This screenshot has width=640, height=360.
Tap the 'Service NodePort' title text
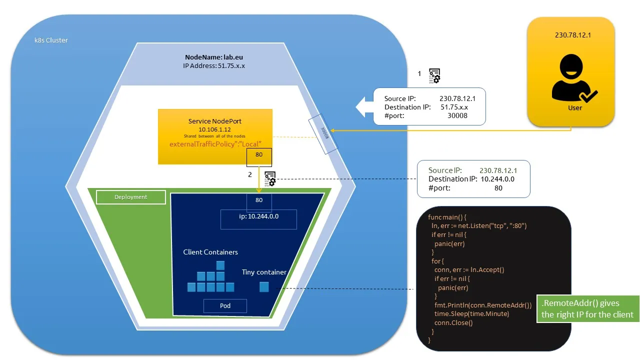(215, 121)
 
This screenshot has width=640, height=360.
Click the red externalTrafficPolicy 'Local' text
(215, 144)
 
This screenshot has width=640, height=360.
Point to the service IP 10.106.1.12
(215, 129)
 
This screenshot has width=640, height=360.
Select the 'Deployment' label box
(130, 197)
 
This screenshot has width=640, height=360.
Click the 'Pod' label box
(225, 305)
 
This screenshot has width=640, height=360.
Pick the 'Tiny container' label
(264, 272)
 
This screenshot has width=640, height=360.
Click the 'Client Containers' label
(210, 252)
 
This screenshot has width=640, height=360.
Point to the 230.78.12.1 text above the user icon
(570, 36)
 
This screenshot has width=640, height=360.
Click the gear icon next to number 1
(434, 75)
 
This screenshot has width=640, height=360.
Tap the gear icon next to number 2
(270, 178)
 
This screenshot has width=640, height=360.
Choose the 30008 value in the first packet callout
(457, 115)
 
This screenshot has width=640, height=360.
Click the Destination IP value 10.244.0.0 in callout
(497, 179)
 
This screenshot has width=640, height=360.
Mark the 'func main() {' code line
(447, 217)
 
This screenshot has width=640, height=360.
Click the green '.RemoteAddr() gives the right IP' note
(587, 309)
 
